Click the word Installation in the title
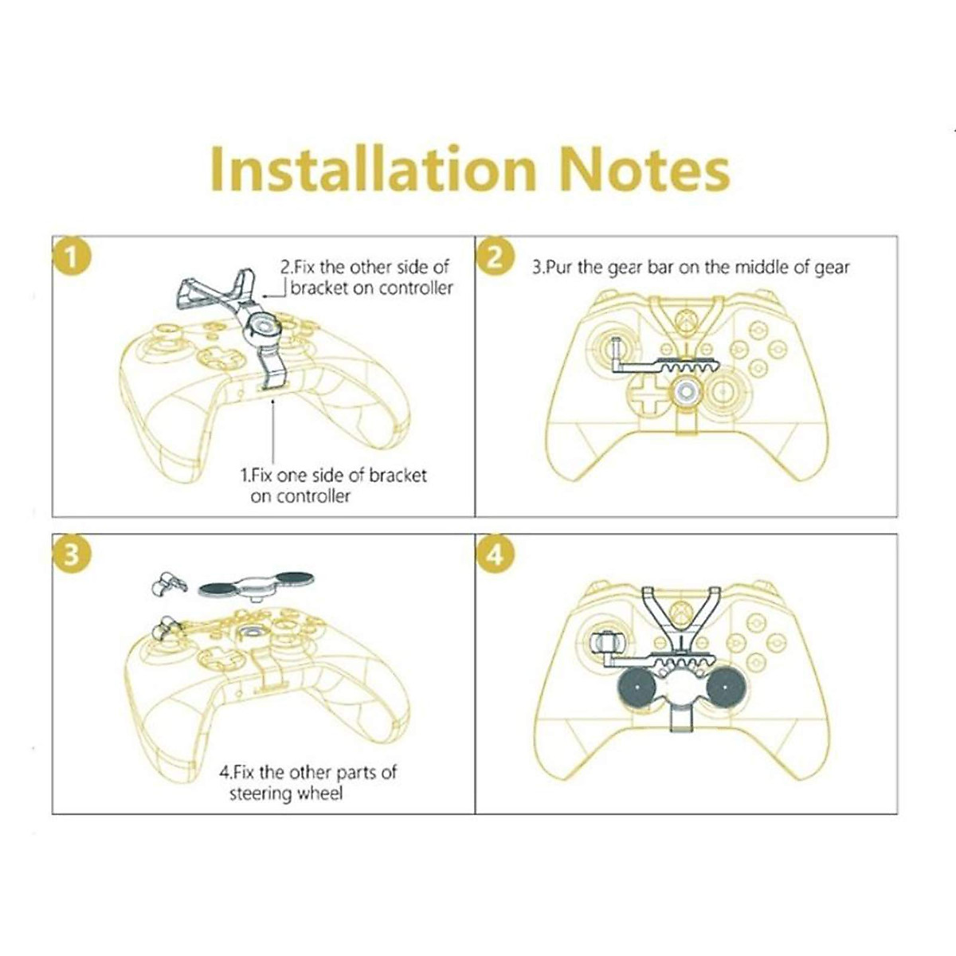click(373, 169)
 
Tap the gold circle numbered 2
click(495, 258)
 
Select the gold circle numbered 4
click(495, 554)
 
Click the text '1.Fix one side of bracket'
click(333, 476)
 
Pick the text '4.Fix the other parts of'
click(308, 772)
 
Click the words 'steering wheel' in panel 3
click(285, 793)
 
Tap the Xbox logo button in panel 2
click(684, 323)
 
